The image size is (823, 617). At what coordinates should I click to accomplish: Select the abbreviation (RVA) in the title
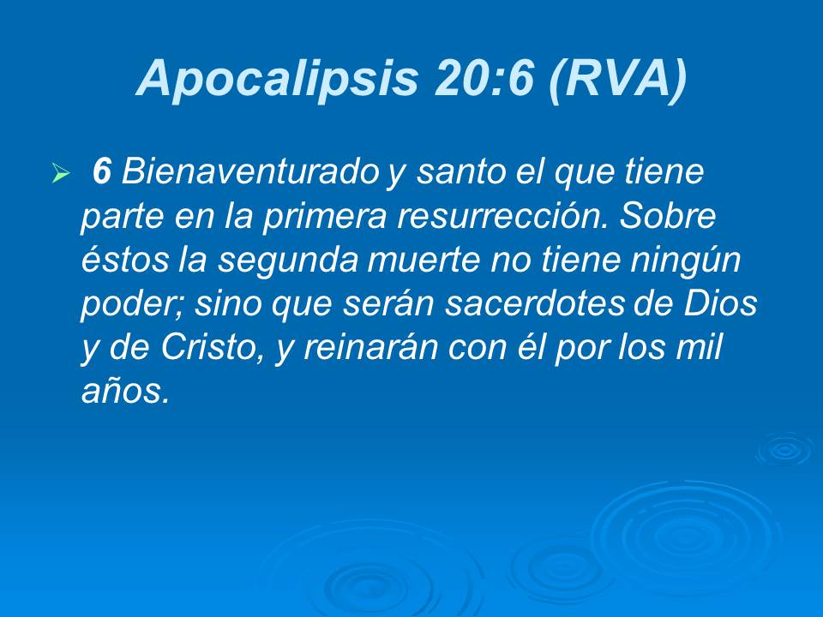[x=616, y=78]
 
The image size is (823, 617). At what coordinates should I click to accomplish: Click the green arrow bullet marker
[x=59, y=174]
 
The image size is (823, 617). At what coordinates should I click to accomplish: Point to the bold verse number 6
[x=101, y=172]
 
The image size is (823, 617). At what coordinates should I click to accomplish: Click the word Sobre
[x=669, y=216]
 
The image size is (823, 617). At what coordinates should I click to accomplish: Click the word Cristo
[x=206, y=349]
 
